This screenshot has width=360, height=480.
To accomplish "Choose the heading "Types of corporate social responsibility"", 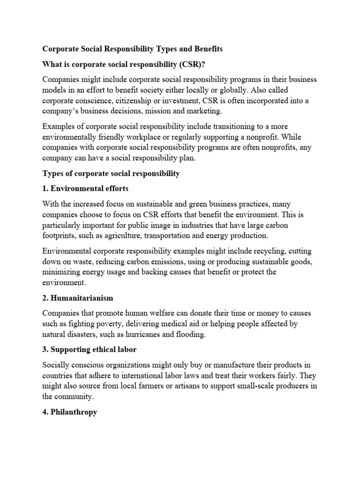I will click(111, 173).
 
